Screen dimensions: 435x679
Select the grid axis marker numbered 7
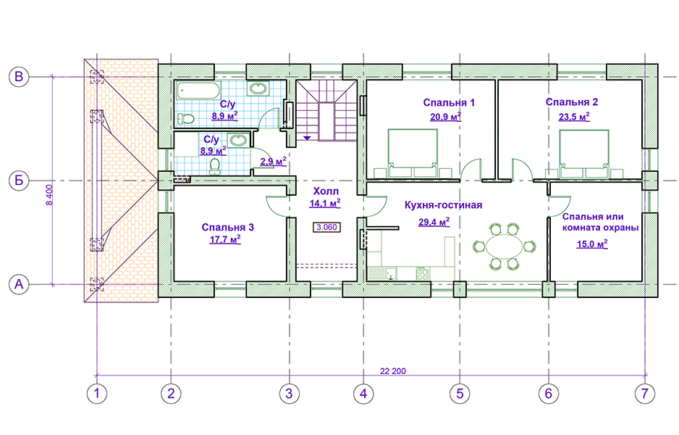(x=642, y=394)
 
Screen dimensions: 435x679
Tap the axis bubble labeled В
(x=20, y=75)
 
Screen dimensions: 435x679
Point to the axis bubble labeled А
(x=20, y=286)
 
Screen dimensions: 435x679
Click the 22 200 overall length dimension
(x=392, y=371)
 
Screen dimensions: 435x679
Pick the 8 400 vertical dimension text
(x=49, y=194)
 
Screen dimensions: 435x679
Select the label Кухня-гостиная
(x=444, y=205)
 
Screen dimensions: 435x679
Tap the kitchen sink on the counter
(x=389, y=273)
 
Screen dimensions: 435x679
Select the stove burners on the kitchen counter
(x=421, y=273)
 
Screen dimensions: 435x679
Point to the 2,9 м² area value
(x=273, y=160)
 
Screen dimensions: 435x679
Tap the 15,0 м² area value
(x=591, y=244)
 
